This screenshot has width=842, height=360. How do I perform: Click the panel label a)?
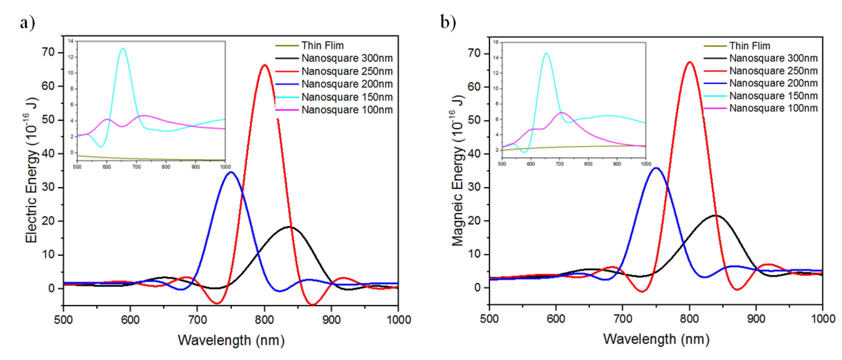[27, 23]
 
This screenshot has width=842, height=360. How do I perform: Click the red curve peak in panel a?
[264, 65]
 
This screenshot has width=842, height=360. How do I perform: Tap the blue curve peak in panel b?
[656, 168]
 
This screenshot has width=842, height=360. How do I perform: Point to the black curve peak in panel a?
[289, 227]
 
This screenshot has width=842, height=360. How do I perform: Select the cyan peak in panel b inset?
[546, 53]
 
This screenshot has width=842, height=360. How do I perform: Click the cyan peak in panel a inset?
[123, 49]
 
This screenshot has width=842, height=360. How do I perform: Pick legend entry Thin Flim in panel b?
[749, 46]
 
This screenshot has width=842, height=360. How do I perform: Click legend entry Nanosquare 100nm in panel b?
[773, 108]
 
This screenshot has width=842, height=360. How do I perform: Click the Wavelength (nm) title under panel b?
[656, 339]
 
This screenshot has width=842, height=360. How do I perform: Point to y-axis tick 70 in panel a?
[48, 52]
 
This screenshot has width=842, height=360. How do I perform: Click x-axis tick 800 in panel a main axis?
[264, 320]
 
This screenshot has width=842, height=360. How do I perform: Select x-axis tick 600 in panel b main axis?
[556, 319]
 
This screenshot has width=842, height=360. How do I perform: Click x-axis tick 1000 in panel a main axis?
[398, 320]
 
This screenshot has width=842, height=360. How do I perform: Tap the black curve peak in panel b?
[715, 216]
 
